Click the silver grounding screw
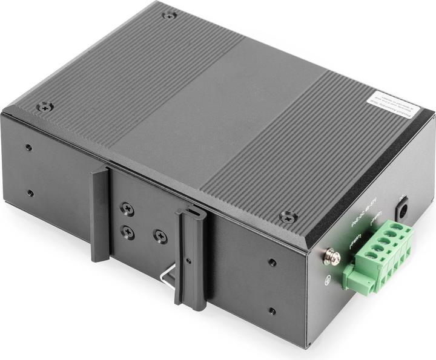[x=331, y=257]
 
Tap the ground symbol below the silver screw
[x=328, y=280]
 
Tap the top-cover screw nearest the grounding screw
[x=288, y=216]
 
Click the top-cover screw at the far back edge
[x=170, y=15]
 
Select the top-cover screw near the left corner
[x=44, y=107]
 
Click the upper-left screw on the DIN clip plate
[x=127, y=208]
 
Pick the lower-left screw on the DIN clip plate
[x=127, y=232]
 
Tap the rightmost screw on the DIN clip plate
[x=160, y=237]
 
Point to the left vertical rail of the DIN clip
[x=101, y=214]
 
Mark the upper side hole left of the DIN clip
[x=28, y=148]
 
